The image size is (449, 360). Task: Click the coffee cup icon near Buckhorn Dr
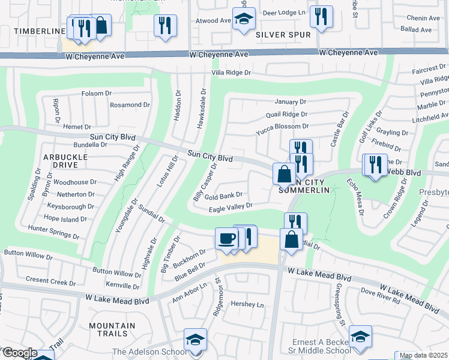click(x=226, y=238)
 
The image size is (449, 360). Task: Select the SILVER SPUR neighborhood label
click(x=283, y=35)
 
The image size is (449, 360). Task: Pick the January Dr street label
click(x=291, y=102)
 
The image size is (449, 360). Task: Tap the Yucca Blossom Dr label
click(x=282, y=127)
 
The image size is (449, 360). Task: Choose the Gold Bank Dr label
click(x=223, y=195)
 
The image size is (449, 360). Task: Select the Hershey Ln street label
click(x=247, y=305)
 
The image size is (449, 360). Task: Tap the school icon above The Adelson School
click(x=195, y=339)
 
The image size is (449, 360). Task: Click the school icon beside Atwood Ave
click(x=244, y=19)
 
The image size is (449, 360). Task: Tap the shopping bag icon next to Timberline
click(x=101, y=25)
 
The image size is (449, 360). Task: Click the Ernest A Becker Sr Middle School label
click(x=321, y=346)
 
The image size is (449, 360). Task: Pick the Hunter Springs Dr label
click(x=53, y=229)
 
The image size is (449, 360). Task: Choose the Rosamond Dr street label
click(x=130, y=104)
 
